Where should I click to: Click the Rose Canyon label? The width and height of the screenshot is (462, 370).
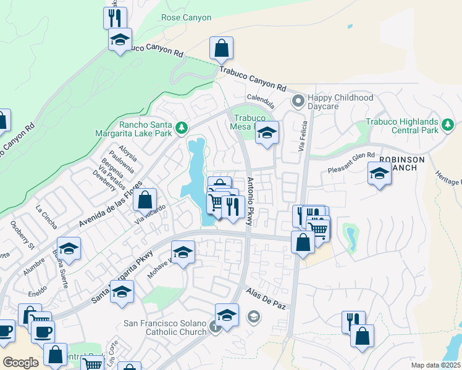186,18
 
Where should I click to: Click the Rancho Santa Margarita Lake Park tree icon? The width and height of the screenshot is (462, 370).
181,128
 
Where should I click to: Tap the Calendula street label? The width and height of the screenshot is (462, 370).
260,99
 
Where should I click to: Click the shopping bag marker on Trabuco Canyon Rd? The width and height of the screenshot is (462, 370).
221,49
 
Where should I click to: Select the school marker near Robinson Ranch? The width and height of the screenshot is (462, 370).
379,174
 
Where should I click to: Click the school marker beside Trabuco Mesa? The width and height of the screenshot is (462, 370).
267,133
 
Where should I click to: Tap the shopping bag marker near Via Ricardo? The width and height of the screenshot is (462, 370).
145,200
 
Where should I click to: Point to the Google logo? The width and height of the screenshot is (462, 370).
20,362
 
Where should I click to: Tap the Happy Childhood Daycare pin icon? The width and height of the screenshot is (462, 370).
298,100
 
